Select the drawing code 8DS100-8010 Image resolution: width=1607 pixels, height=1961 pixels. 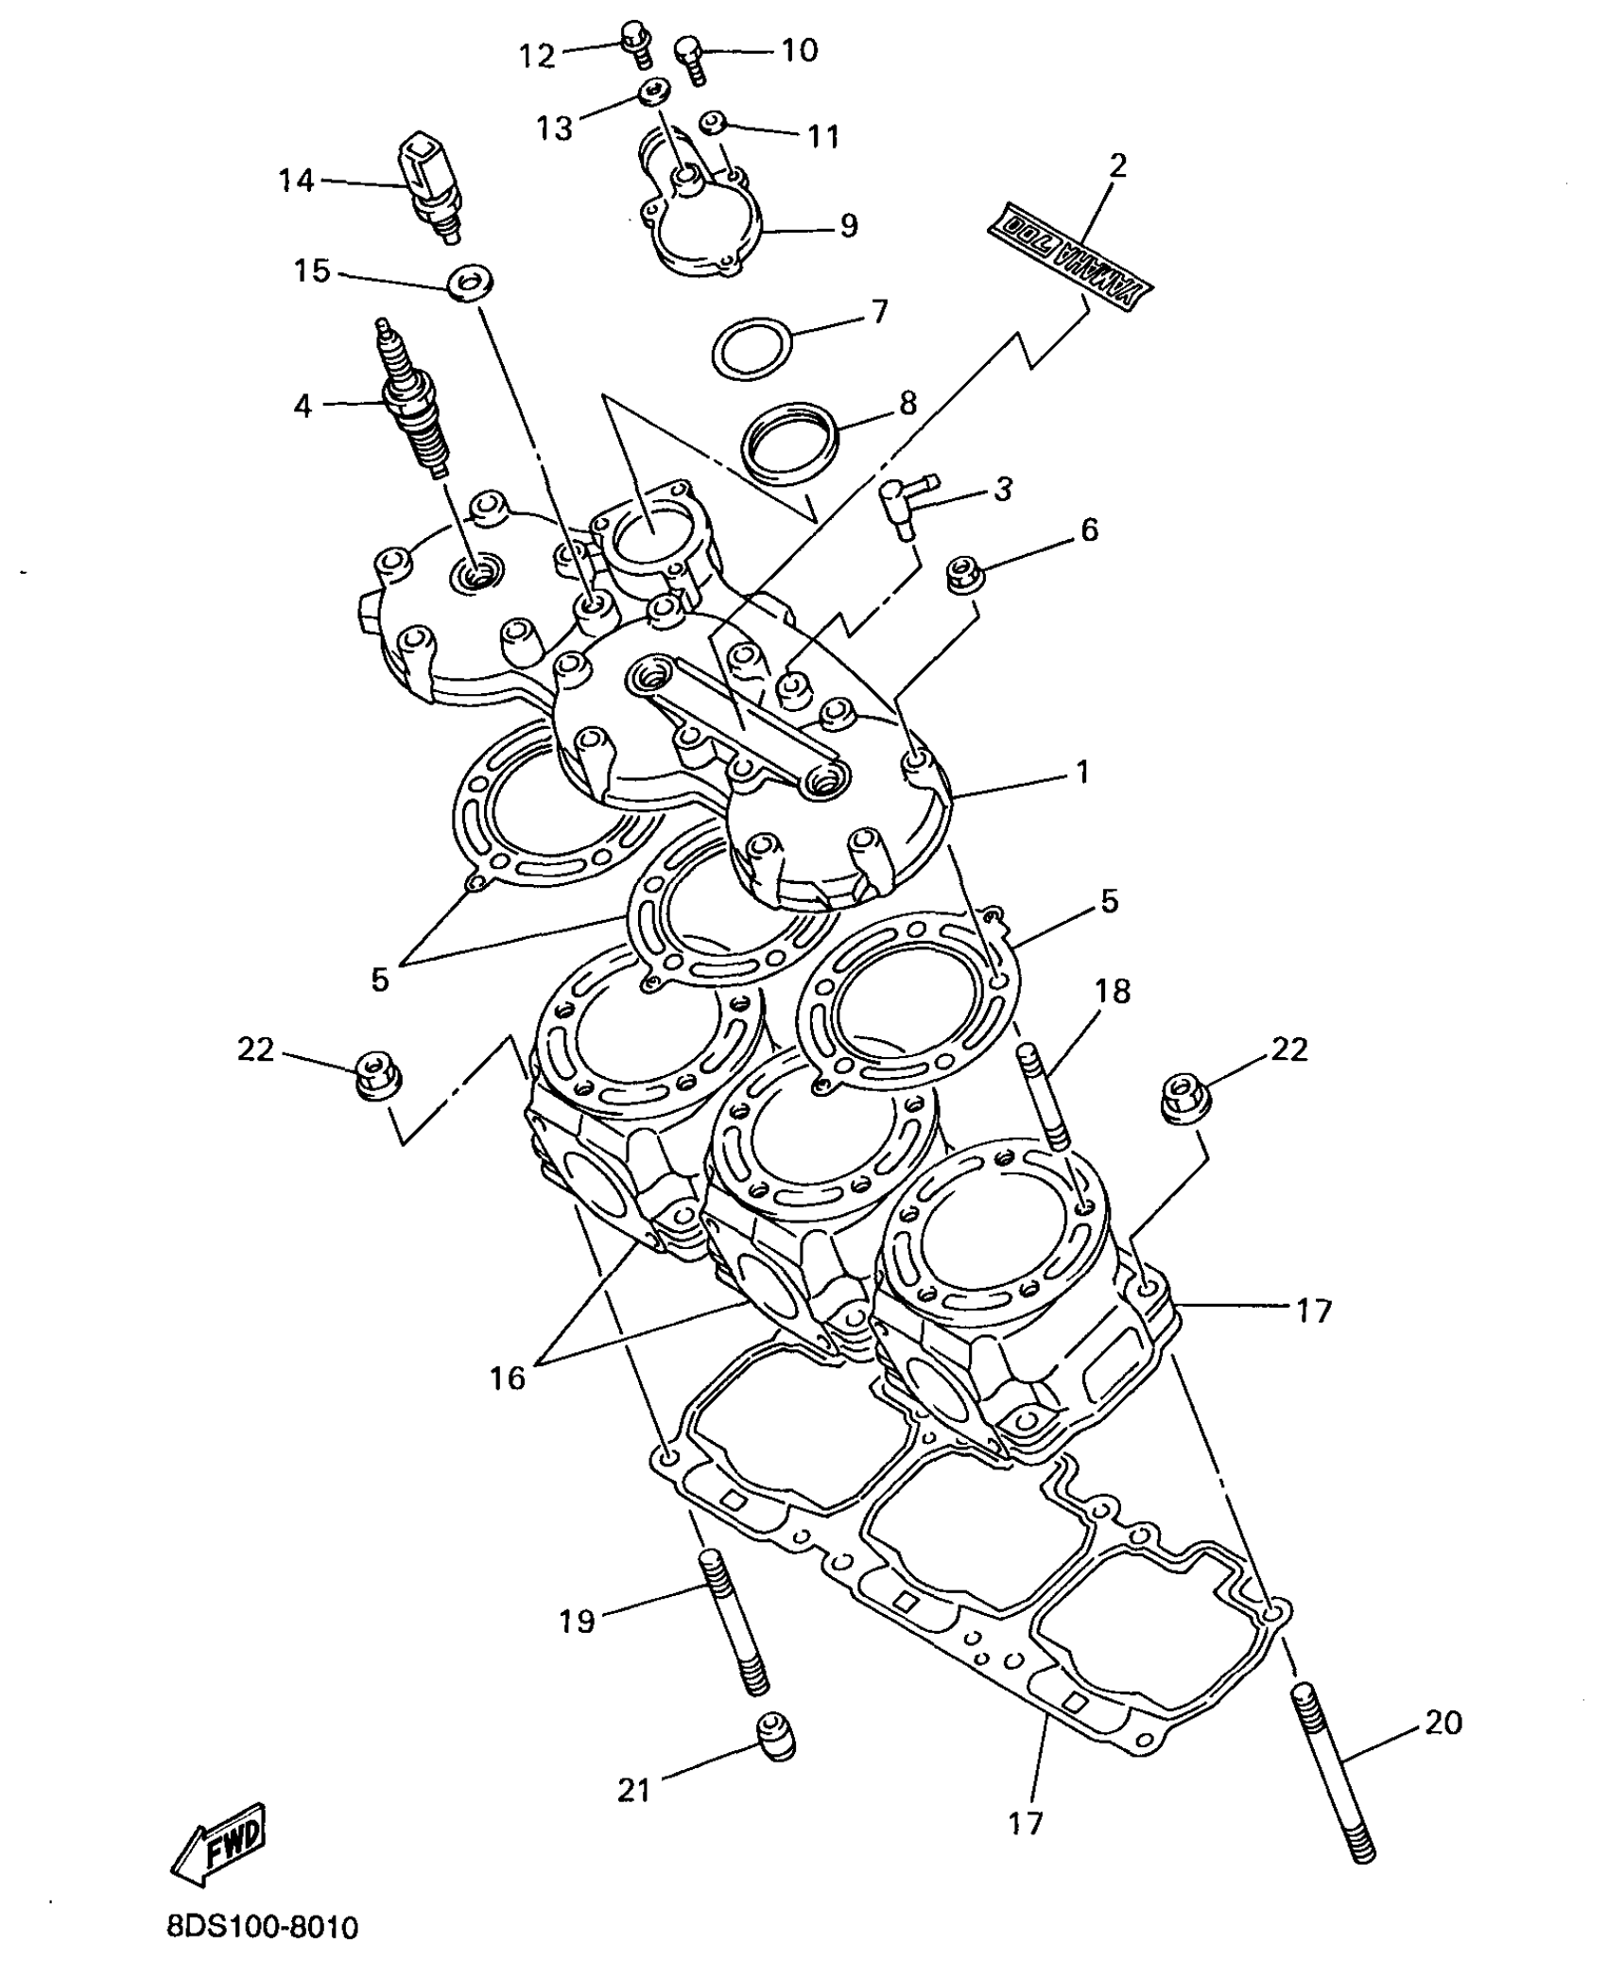point(262,1928)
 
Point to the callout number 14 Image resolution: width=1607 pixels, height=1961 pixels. point(296,180)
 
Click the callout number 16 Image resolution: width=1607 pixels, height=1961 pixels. point(507,1378)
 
